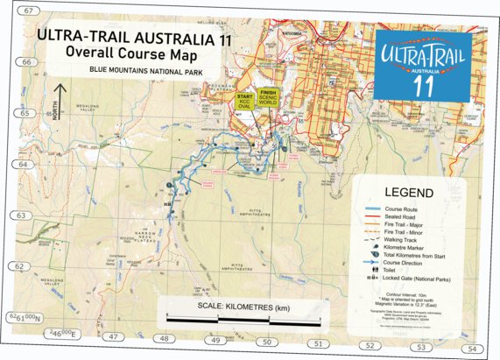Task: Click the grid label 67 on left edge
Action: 32,11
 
